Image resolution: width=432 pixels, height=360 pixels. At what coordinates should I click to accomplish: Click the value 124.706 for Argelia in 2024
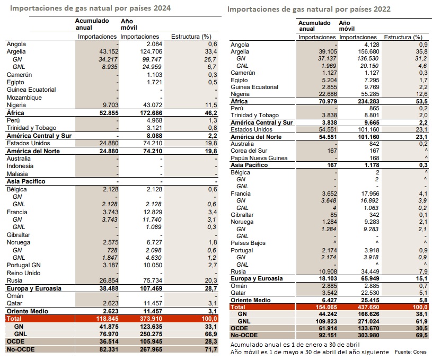coord(151,51)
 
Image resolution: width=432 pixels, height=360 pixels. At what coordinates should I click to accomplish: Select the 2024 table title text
coord(90,8)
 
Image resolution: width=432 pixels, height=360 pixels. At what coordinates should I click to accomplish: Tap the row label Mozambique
coord(24,98)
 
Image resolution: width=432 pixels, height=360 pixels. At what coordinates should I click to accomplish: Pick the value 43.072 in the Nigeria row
coord(153,105)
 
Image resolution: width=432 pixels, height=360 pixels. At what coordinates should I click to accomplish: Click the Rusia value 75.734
coord(153,280)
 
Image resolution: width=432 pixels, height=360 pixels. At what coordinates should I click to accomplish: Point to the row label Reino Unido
coord(24,273)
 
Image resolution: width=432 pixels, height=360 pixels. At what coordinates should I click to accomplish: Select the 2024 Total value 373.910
coord(151,319)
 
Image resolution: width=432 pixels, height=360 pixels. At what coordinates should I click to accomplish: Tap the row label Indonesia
coord(20,166)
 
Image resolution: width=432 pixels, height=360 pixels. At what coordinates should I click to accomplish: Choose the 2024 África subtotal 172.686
coord(151,113)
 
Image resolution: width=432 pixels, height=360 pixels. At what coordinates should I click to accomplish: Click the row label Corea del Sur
coord(249,151)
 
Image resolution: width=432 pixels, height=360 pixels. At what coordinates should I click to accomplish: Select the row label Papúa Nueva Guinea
coord(259,158)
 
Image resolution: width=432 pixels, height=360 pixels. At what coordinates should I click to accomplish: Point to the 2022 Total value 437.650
coord(368,307)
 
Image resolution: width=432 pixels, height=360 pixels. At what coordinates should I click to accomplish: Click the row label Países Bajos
coord(248,243)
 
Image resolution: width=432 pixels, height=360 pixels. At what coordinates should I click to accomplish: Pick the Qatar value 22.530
coord(370,293)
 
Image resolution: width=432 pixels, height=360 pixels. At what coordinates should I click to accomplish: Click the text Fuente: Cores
coord(410,352)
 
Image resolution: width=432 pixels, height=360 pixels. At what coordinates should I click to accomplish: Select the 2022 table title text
coord(309,9)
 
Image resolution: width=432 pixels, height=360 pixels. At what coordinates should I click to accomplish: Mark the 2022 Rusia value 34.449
coord(370,271)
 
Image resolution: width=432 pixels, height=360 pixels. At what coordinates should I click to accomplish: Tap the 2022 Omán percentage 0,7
coord(424,286)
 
